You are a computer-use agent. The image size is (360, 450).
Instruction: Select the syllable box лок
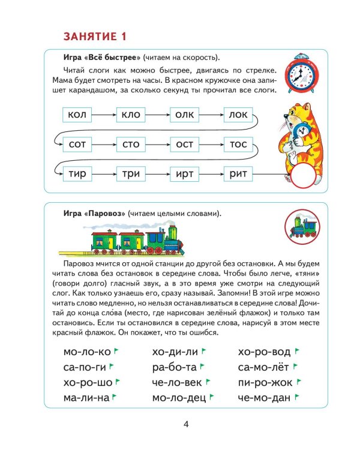(x=242, y=115)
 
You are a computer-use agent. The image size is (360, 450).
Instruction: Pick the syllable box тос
(x=242, y=144)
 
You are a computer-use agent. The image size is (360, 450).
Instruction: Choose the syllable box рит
(x=242, y=174)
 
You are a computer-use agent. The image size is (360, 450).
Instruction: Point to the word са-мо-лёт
(x=263, y=367)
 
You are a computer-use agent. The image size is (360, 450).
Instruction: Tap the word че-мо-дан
(x=264, y=397)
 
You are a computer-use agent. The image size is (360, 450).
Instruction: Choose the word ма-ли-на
(x=86, y=397)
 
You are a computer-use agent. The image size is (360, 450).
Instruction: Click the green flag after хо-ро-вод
(x=297, y=350)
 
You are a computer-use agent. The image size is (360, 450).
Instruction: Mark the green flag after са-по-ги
(x=112, y=365)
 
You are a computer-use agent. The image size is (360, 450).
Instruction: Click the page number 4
(x=186, y=425)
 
